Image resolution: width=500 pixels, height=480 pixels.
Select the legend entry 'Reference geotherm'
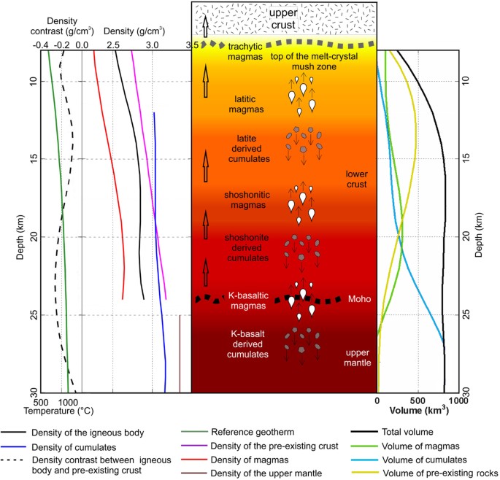pos(265,432)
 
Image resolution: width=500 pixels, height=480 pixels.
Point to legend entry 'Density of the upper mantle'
pos(278,473)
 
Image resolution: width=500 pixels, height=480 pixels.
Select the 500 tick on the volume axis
pos(417,401)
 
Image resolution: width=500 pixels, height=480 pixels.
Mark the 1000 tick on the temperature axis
pos(68,401)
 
